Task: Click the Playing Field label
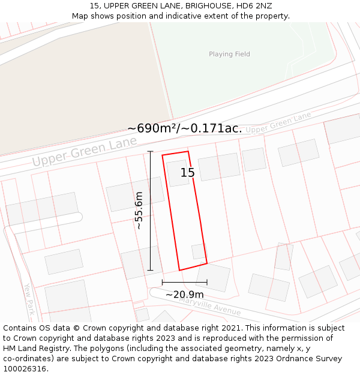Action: coord(229,54)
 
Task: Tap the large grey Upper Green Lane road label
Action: coord(84,153)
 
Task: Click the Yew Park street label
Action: coord(29,299)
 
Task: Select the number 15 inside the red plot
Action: coord(188,173)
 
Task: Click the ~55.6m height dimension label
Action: coord(139,211)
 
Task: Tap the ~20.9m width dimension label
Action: coord(184,295)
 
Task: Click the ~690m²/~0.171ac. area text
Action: coord(185,128)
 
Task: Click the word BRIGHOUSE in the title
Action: coord(199,6)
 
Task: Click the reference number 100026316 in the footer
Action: coord(26,369)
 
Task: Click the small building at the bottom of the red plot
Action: coord(198,251)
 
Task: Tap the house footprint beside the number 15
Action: coord(178,173)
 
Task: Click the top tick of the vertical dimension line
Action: coord(150,152)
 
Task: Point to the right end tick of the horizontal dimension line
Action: coord(207,282)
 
